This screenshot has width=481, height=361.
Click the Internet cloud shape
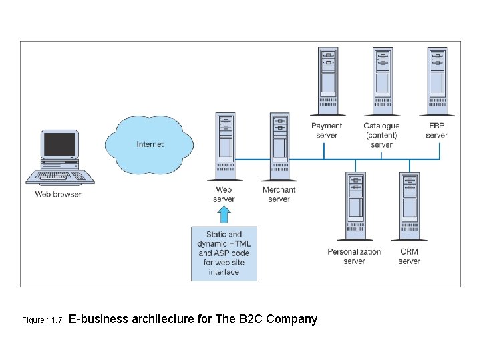149,143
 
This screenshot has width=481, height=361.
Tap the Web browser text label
58,195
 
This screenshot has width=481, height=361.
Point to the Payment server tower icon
327,80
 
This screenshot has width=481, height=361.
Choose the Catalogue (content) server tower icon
382,80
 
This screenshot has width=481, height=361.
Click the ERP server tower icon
437,80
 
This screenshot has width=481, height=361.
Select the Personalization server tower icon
355,206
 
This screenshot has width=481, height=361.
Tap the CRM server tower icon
409,206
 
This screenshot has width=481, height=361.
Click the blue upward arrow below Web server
224,214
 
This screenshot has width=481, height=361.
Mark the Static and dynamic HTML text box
224,253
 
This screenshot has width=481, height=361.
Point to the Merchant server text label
279,195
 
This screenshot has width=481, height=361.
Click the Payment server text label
327,130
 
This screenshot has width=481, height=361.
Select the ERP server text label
436,130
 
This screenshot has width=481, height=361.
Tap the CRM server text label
409,257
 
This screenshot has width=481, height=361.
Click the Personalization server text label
354,257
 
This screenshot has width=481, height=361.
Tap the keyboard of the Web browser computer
60,176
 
